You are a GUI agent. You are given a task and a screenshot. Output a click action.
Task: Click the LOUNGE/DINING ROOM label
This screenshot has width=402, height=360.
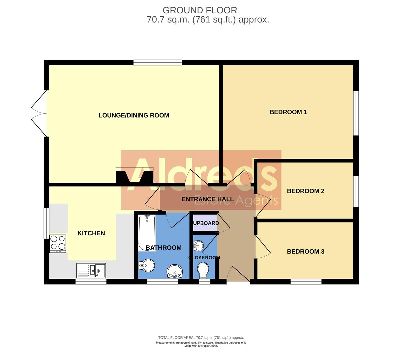point(134,115)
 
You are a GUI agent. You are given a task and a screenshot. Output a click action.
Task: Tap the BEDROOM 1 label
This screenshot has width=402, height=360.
point(288,112)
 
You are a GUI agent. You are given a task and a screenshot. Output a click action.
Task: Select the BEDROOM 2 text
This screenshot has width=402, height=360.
point(305,191)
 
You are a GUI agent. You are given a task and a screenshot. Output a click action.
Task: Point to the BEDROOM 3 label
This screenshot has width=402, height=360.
point(305,252)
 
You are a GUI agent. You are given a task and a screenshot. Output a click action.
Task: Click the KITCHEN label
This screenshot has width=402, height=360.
point(91,233)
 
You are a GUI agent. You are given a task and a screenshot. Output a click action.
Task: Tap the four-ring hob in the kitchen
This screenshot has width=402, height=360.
point(58,243)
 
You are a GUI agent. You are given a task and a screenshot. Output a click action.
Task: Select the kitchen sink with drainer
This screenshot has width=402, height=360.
point(91,270)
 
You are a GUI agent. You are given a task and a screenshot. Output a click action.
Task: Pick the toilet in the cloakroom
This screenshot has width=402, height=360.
point(203,270)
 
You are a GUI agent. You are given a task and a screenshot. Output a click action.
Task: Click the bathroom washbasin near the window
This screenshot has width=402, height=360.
point(175,271)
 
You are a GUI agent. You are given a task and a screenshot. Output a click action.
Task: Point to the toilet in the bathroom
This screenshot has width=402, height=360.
point(146,266)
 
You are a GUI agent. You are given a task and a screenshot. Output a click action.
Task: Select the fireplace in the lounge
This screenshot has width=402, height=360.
point(134,175)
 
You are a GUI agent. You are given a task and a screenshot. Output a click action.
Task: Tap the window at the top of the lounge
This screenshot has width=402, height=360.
point(157,62)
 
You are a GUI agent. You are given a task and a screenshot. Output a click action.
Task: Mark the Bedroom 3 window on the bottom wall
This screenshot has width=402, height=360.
point(306,282)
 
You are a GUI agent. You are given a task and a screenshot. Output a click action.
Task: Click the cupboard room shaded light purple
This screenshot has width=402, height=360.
point(205,223)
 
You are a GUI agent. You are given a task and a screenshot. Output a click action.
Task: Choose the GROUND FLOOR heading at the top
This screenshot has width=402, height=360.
point(200,10)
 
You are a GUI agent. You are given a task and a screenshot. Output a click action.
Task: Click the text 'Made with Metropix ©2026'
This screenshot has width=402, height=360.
point(201,346)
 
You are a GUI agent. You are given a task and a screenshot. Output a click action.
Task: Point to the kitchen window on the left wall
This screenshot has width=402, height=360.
point(46,223)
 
